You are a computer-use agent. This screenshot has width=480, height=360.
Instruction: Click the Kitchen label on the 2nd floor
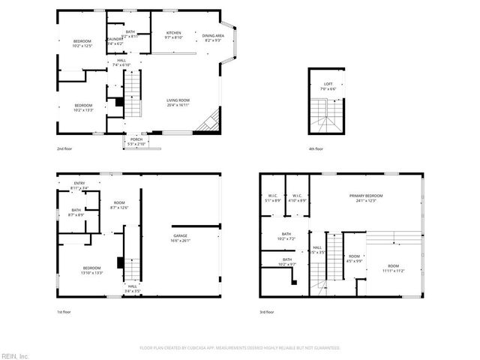(x=173, y=34)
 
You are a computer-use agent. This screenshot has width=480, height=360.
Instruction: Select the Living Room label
(x=178, y=103)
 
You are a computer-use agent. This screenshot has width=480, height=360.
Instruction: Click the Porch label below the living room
(x=136, y=140)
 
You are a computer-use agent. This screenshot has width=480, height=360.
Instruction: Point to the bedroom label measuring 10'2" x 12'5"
(x=82, y=43)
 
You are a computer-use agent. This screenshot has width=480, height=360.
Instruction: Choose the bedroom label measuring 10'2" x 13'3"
(x=82, y=106)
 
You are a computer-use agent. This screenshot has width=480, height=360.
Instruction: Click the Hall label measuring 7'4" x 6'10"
(x=121, y=63)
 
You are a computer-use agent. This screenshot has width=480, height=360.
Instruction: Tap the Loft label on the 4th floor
(x=328, y=85)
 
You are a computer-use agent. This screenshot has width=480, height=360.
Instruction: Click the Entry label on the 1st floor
(x=79, y=185)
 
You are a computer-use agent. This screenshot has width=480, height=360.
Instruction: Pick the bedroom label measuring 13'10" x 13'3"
(x=92, y=270)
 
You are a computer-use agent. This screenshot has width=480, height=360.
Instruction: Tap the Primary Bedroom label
(x=367, y=198)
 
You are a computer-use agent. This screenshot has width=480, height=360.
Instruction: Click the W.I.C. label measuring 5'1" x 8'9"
(x=273, y=199)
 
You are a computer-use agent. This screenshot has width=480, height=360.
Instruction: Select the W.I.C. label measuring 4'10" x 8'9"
(x=298, y=199)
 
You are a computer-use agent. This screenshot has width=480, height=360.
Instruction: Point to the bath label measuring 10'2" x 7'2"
(x=286, y=236)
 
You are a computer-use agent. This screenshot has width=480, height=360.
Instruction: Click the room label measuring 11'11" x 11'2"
(x=393, y=268)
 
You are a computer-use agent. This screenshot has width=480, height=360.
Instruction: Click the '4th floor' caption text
(x=316, y=148)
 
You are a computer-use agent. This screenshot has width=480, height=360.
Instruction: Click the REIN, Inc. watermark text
(x=14, y=355)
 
